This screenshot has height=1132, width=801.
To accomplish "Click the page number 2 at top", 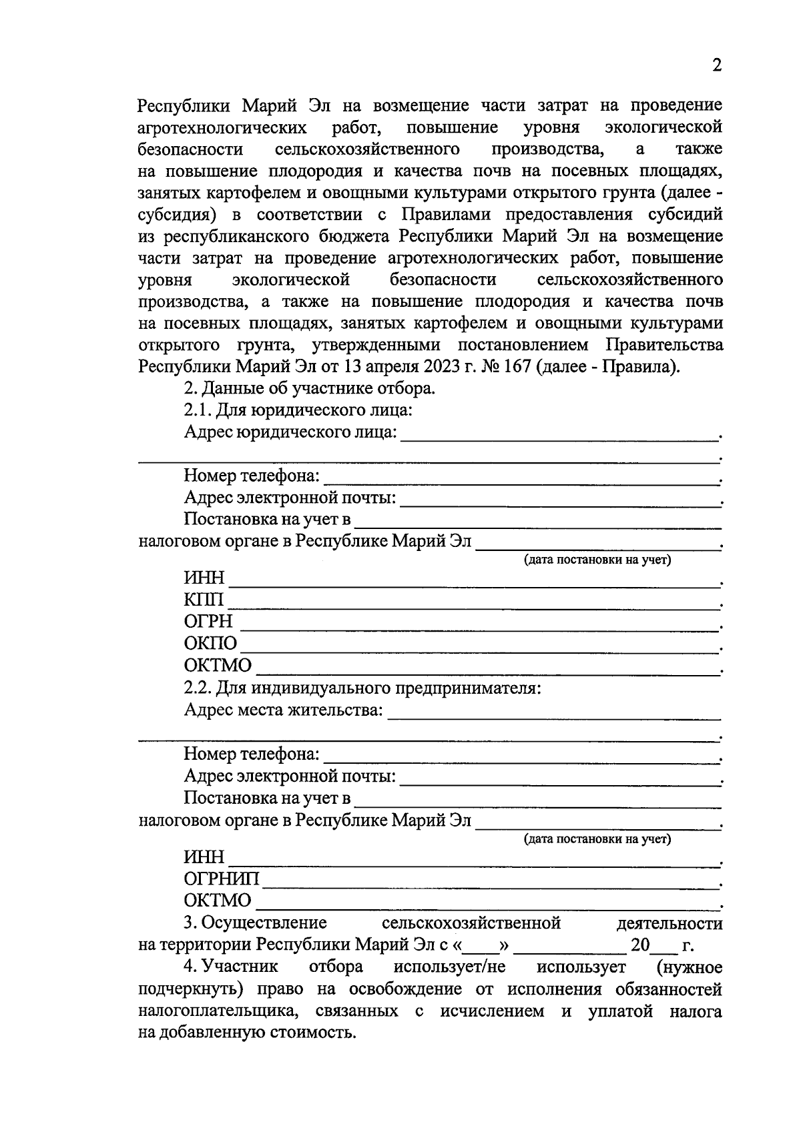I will [717, 65].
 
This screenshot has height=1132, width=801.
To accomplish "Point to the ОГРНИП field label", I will [222, 879].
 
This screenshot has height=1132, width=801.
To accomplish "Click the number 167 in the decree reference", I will [514, 367].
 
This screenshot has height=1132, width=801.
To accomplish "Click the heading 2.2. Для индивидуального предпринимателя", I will [362, 688].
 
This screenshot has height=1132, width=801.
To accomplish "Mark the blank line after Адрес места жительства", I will [554, 716].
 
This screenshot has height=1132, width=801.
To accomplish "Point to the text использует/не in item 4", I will [450, 967].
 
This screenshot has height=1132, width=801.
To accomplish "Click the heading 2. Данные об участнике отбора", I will [310, 388].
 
